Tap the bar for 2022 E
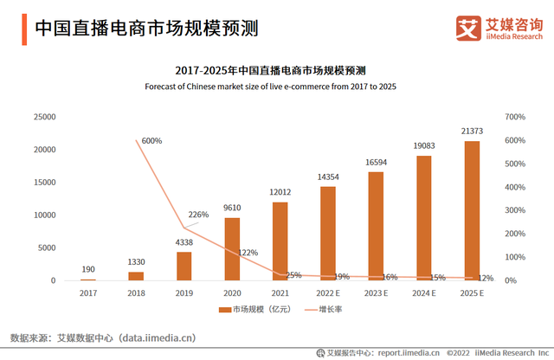[x=328, y=234]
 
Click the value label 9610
[x=232, y=208]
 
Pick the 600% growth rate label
[x=151, y=140]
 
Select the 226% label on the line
[x=198, y=215]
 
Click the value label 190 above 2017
[x=88, y=269]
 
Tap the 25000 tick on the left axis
[x=43, y=117]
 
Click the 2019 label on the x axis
[x=184, y=294]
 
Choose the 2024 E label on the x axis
[x=423, y=294]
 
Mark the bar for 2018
[x=136, y=276]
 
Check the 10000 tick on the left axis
[x=43, y=215]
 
